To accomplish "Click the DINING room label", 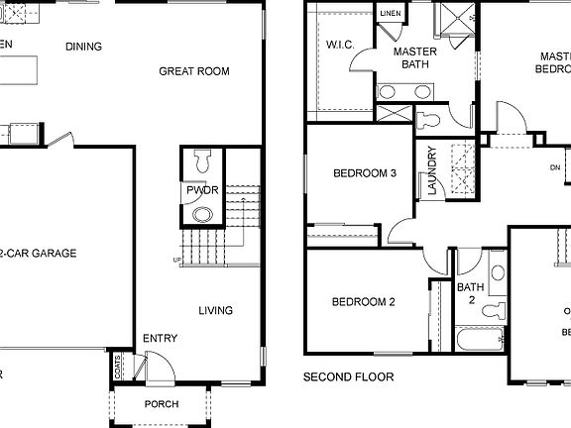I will pos(84,47).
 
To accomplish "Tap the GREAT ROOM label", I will pos(194,71).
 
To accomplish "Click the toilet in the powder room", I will pos(203,160).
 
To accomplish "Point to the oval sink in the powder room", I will pos(202,215).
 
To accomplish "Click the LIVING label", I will pos(215,311).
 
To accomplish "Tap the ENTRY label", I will pos(160,339).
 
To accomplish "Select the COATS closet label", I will pos(118,367).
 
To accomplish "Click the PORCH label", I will pos(162,404).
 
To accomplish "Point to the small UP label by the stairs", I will pos(177,261).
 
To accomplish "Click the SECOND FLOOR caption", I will pos(348,377).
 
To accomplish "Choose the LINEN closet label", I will pos(388,13).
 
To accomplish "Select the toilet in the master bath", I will pos(429,122).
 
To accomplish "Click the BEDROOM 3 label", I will pos(364,173).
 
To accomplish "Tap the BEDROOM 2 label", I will pos(363,302).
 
